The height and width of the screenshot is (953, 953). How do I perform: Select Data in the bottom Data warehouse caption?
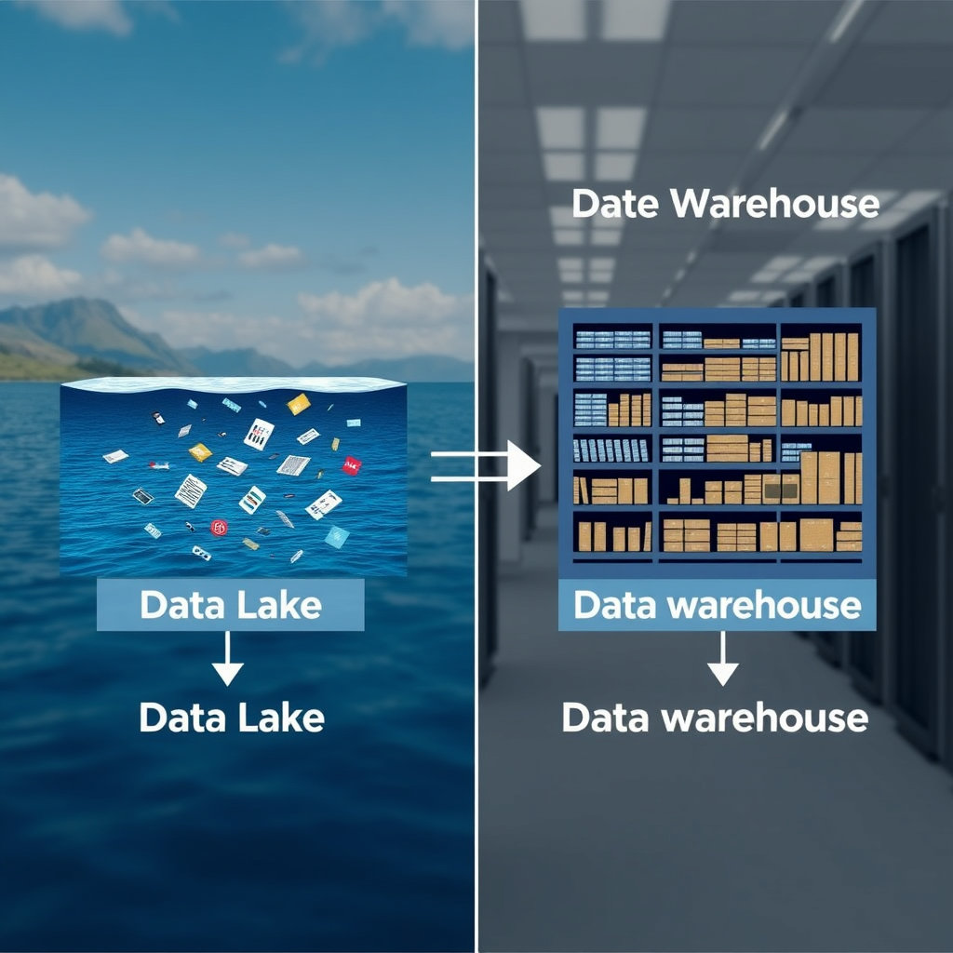pyautogui.click(x=605, y=718)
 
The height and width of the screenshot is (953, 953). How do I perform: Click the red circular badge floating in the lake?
pyautogui.click(x=219, y=528)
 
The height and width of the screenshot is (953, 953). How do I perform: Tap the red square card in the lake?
pyautogui.click(x=352, y=464)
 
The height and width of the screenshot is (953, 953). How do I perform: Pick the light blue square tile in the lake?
pyautogui.click(x=337, y=536)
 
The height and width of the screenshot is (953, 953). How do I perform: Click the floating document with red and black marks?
pyautogui.click(x=258, y=433)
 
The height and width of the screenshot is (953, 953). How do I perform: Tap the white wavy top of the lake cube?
pyautogui.click(x=233, y=383)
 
